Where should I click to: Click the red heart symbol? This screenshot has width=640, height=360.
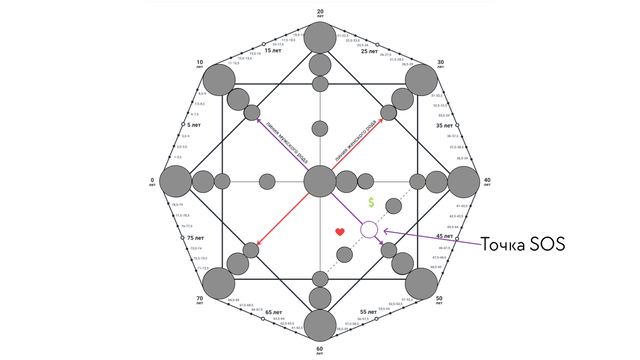340,231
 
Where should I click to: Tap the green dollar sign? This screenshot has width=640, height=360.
371,203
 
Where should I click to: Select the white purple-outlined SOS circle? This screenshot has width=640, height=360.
369,230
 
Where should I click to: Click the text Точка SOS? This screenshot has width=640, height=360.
523,245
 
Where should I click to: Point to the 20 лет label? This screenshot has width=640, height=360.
320,13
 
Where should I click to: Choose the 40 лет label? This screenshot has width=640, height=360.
487,182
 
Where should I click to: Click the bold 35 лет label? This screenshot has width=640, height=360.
444,126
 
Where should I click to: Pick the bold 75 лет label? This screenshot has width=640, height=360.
196,238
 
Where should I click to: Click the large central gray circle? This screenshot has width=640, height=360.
320,181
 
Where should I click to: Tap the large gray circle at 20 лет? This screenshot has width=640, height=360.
320,38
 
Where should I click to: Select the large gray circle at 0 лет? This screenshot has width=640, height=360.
175,182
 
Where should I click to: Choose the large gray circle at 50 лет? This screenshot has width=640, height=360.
421,284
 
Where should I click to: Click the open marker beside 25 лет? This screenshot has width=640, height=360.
377,45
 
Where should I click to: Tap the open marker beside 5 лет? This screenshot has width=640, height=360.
183,124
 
